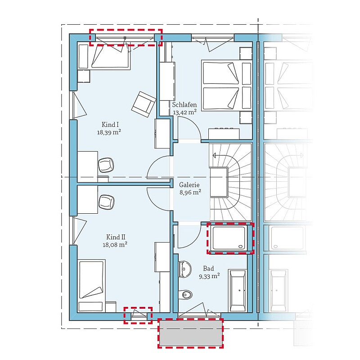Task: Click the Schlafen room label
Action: click(x=184, y=105)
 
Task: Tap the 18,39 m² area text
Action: click(x=109, y=132)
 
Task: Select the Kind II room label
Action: click(x=116, y=237)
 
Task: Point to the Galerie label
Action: click(x=189, y=185)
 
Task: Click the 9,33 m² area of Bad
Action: click(x=209, y=276)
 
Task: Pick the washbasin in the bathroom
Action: click(x=185, y=269)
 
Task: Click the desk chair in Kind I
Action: click(x=106, y=165)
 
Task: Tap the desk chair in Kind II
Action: click(x=107, y=202)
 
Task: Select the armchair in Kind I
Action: click(x=144, y=104)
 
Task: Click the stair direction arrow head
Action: click(x=214, y=155)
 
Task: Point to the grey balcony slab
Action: click(x=190, y=333)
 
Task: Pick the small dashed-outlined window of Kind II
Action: click(x=138, y=315)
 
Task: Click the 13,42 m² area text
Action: click(x=184, y=112)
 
